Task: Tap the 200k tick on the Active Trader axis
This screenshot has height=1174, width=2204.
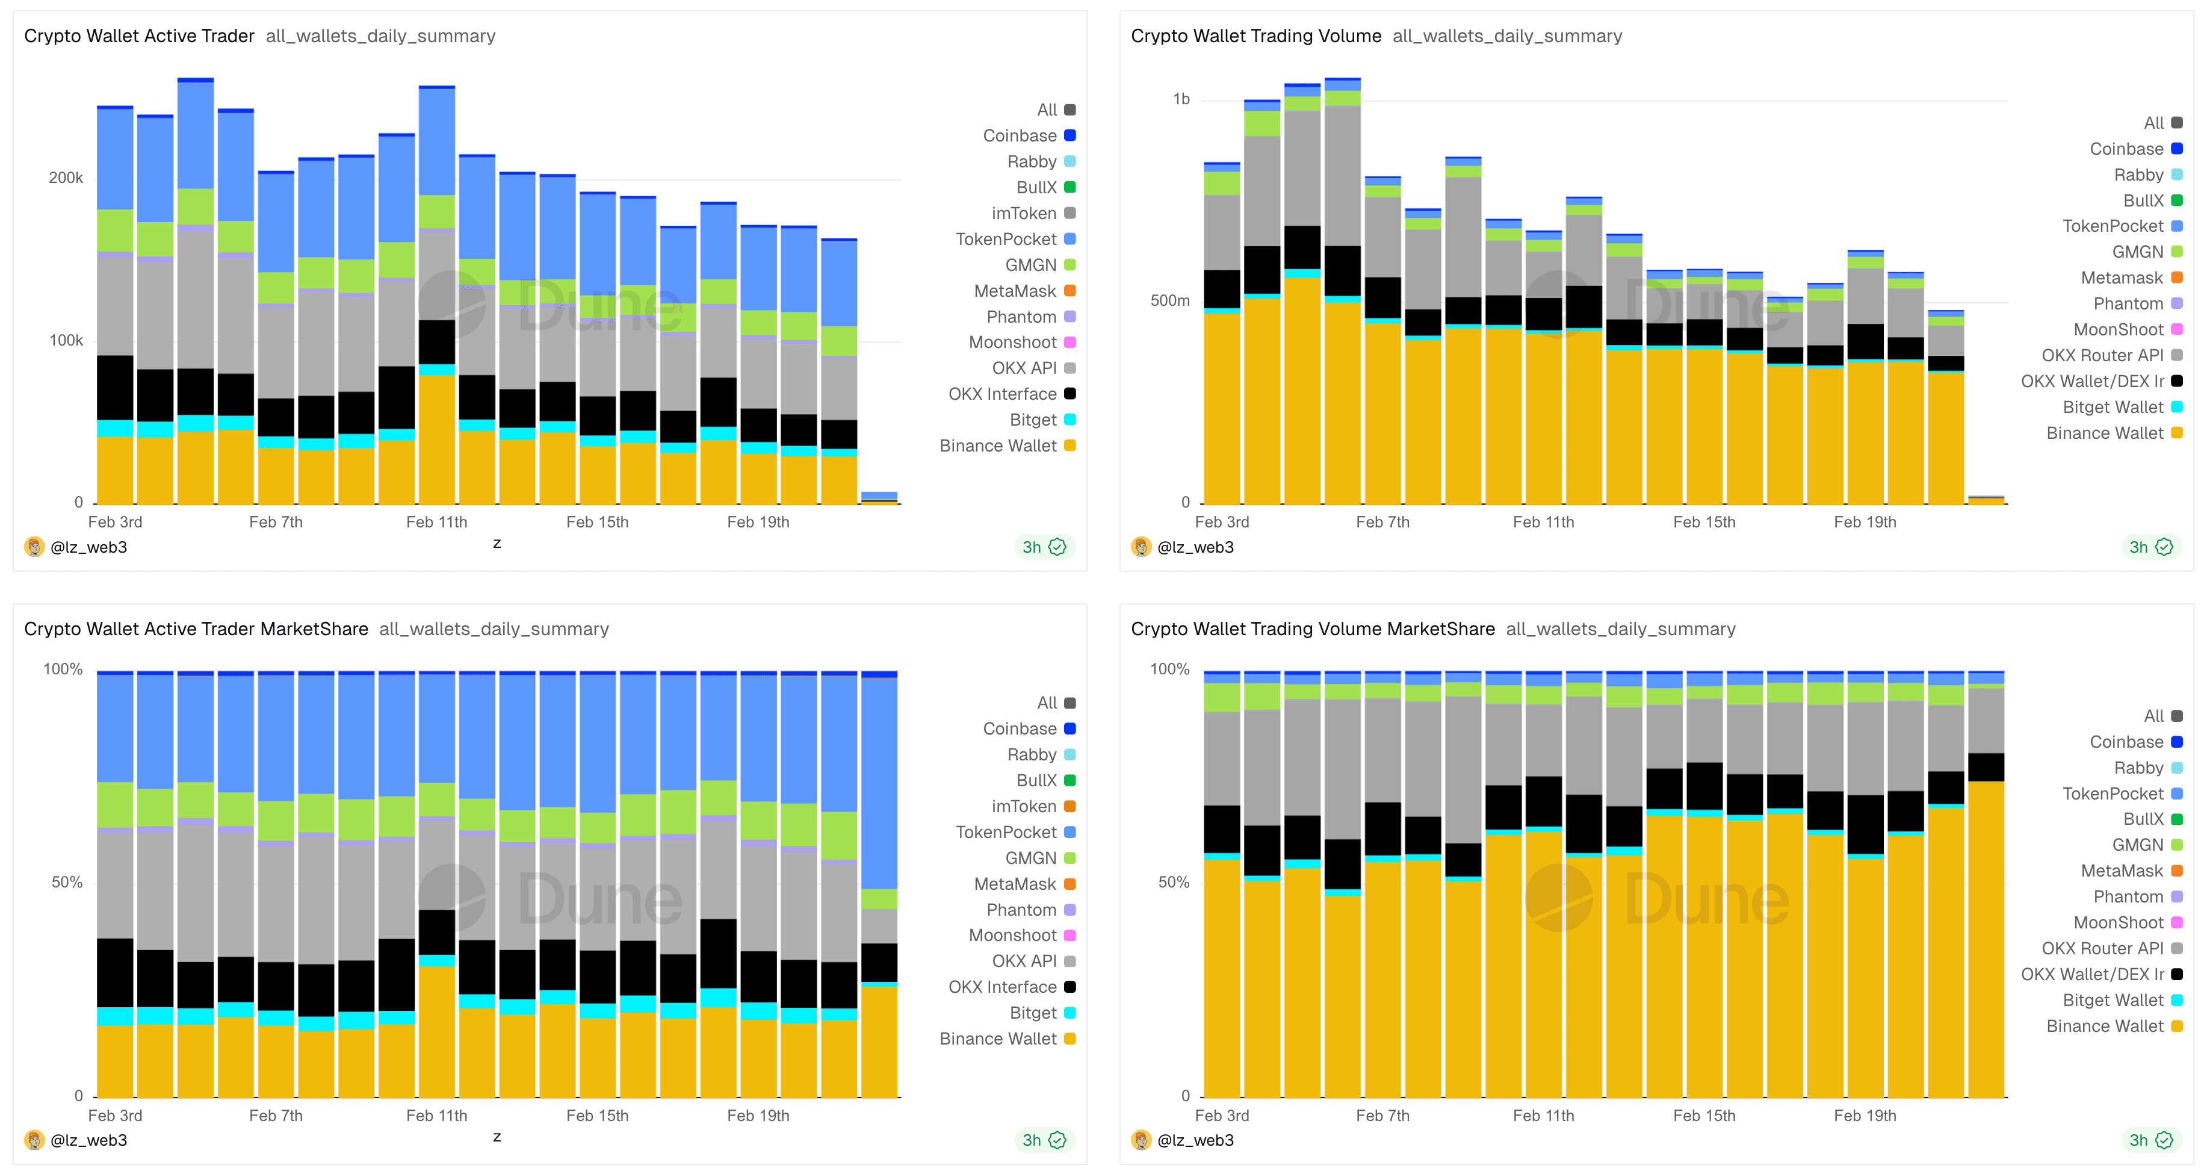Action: [66, 178]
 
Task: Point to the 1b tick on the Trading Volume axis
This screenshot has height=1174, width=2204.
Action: [1181, 99]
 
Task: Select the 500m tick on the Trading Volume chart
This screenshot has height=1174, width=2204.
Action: [1169, 301]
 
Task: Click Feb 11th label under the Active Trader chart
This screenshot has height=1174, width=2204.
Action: [436, 522]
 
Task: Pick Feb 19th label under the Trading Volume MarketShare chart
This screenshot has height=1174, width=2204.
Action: [1865, 1116]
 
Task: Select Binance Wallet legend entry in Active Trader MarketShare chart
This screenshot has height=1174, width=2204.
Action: [998, 1039]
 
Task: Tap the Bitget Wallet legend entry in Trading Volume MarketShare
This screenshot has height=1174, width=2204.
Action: [2113, 1000]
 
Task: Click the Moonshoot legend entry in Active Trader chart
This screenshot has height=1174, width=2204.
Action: [1012, 343]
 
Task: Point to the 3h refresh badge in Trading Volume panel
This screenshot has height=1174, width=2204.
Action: [2150, 547]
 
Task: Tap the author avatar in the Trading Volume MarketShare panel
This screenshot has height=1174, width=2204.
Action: [1141, 1140]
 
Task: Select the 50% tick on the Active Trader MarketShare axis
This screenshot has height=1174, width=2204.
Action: [67, 882]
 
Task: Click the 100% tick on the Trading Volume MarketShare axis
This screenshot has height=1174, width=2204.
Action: [1169, 669]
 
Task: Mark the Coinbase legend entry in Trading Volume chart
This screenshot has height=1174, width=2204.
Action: [2126, 149]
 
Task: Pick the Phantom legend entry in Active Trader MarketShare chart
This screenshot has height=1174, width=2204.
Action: [1021, 910]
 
